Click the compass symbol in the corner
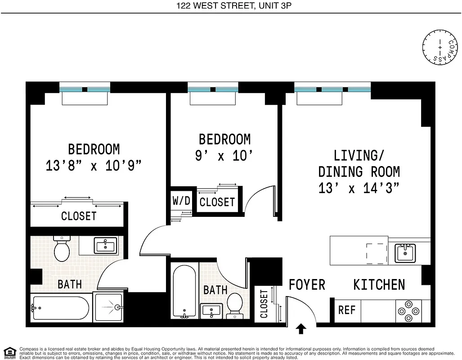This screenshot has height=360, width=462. [439, 46]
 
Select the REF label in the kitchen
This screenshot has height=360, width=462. [347, 310]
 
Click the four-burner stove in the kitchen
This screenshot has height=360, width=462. [409, 310]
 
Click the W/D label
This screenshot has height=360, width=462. [181, 201]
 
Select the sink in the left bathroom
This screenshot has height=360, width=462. [105, 245]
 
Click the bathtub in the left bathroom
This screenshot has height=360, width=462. [60, 308]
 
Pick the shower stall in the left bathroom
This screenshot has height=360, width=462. [108, 307]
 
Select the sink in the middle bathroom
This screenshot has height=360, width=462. [211, 310]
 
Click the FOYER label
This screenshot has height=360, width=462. [307, 285]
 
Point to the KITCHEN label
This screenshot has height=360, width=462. [379, 285]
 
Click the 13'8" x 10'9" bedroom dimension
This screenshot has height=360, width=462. [94, 166]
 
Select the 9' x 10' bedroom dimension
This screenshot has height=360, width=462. [224, 156]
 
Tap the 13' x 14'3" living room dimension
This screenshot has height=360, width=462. [359, 188]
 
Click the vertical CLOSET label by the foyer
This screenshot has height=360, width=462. [264, 304]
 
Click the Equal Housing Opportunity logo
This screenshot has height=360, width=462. [9, 352]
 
